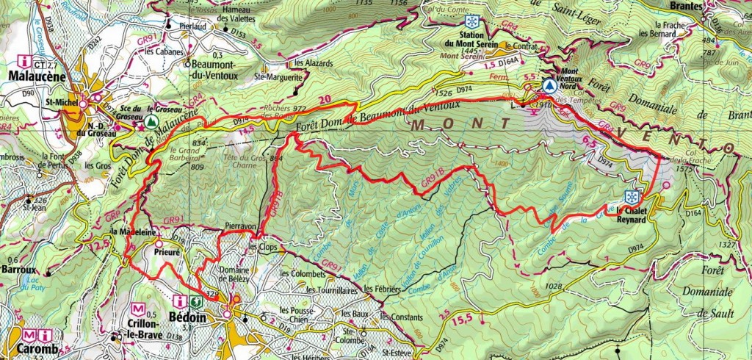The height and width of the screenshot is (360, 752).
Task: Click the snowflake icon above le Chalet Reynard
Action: [630, 196]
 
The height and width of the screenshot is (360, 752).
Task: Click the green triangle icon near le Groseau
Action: [151, 120]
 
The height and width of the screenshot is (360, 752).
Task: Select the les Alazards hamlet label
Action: [312, 63]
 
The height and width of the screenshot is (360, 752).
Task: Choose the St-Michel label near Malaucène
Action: [59, 102]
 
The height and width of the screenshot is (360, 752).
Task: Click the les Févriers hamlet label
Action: [383, 288]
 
